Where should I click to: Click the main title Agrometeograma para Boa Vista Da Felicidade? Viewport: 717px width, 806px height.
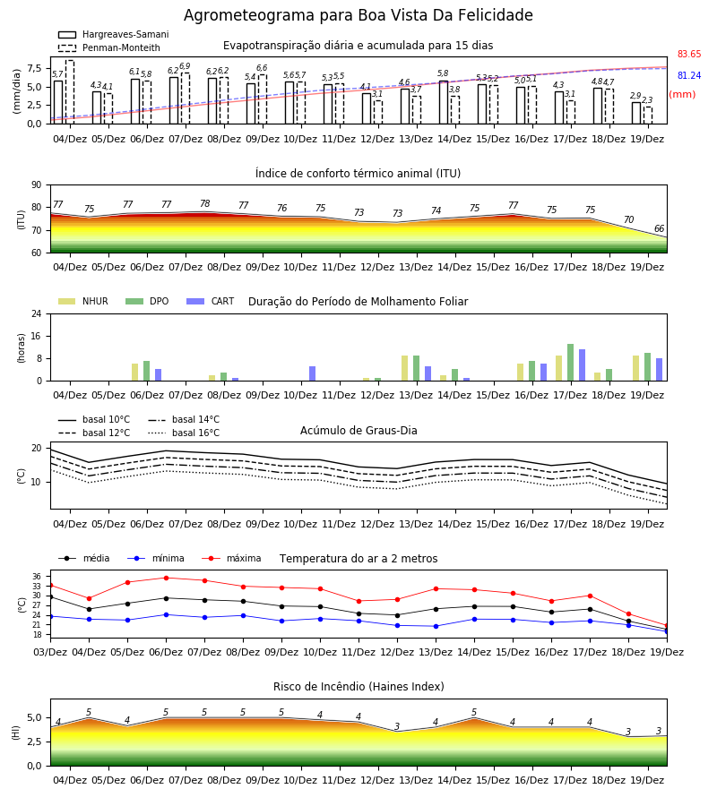pyautogui.click(x=358, y=15)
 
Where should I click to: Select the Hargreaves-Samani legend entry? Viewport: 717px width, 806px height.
pyautogui.click(x=113, y=34)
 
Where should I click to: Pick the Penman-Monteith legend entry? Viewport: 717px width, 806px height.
pyautogui.click(x=109, y=47)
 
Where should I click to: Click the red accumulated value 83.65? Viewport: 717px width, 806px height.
pyautogui.click(x=689, y=54)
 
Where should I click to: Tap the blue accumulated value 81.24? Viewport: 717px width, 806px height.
pyautogui.click(x=689, y=75)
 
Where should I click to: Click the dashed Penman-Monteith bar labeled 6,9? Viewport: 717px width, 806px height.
pyautogui.click(x=186, y=99)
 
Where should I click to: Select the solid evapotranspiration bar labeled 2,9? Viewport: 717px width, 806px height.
pyautogui.click(x=636, y=113)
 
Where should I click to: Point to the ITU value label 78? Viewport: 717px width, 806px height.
pyautogui.click(x=204, y=203)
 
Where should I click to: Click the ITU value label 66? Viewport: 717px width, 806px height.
pyautogui.click(x=659, y=228)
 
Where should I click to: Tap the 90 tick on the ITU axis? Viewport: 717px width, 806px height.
pyautogui.click(x=37, y=185)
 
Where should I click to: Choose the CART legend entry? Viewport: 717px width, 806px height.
pyautogui.click(x=210, y=301)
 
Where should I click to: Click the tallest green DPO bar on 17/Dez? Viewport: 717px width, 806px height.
pyautogui.click(x=570, y=363)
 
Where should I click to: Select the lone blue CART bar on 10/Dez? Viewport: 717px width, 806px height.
pyautogui.click(x=312, y=373)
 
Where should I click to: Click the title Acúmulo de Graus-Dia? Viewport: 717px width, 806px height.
pyautogui.click(x=358, y=431)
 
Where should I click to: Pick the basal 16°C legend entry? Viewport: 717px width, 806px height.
pyautogui.click(x=184, y=433)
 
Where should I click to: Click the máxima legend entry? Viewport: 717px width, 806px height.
pyautogui.click(x=231, y=558)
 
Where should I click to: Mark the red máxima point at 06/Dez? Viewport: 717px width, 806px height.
pyautogui.click(x=166, y=578)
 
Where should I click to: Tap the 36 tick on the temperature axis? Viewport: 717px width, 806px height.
pyautogui.click(x=37, y=577)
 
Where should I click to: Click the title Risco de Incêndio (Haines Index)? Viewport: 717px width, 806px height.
pyautogui.click(x=358, y=687)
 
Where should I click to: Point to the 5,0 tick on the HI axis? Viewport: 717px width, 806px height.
pyautogui.click(x=34, y=718)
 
